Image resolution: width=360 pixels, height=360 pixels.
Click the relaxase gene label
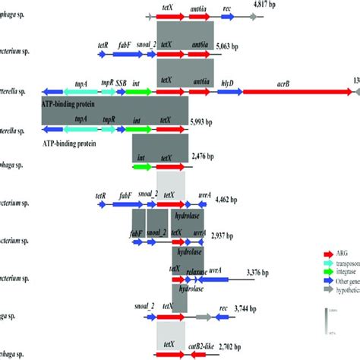click(196, 271)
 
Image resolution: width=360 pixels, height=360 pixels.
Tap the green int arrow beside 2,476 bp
click(141, 166)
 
